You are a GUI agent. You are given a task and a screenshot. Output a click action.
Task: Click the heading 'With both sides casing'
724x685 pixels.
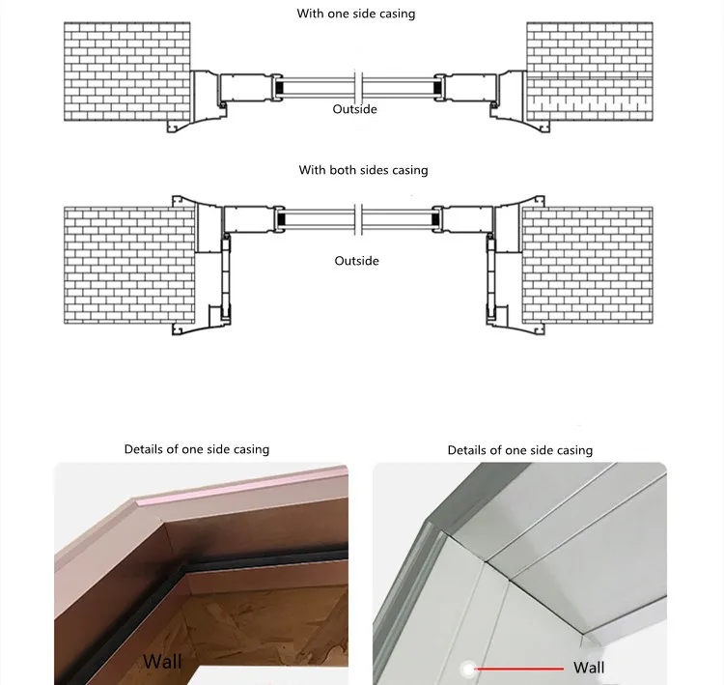pos(363,170)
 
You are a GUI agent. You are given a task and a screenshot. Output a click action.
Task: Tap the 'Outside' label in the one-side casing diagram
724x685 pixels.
pos(355,109)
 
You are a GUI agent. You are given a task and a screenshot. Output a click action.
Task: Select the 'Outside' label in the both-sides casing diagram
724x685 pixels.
pos(356,261)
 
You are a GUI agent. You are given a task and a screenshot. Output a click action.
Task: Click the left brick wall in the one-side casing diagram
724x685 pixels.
pos(126,71)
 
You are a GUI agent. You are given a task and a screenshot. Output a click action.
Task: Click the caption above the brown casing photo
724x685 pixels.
pos(197,449)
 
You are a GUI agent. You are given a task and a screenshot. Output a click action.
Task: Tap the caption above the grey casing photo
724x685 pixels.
pos(520,450)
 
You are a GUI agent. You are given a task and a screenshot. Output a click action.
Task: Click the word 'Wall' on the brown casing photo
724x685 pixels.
pos(162,662)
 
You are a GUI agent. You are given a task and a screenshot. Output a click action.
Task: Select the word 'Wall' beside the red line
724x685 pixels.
pos(589,668)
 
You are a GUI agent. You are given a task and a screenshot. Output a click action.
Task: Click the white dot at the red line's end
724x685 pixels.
pos(467,667)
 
